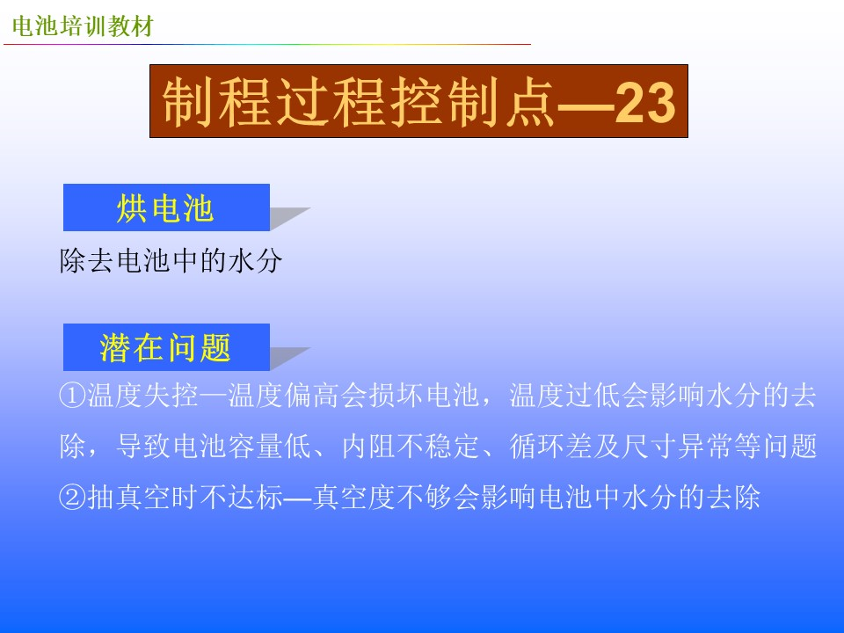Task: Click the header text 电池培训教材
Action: pos(83,25)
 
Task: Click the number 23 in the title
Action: pos(644,102)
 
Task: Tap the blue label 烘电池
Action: pos(166,207)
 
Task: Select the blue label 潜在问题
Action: pos(166,347)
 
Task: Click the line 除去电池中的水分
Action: pos(171,261)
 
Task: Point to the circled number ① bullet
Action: pos(73,396)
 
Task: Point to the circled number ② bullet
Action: pos(73,497)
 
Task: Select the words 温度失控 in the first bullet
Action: pos(142,396)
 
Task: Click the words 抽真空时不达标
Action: pos(185,497)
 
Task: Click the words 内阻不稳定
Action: pos(411,447)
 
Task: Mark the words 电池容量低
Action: pos(242,447)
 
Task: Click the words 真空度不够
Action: pos(382,497)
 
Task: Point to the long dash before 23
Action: pos(586,105)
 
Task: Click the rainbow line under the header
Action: pos(267,44)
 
